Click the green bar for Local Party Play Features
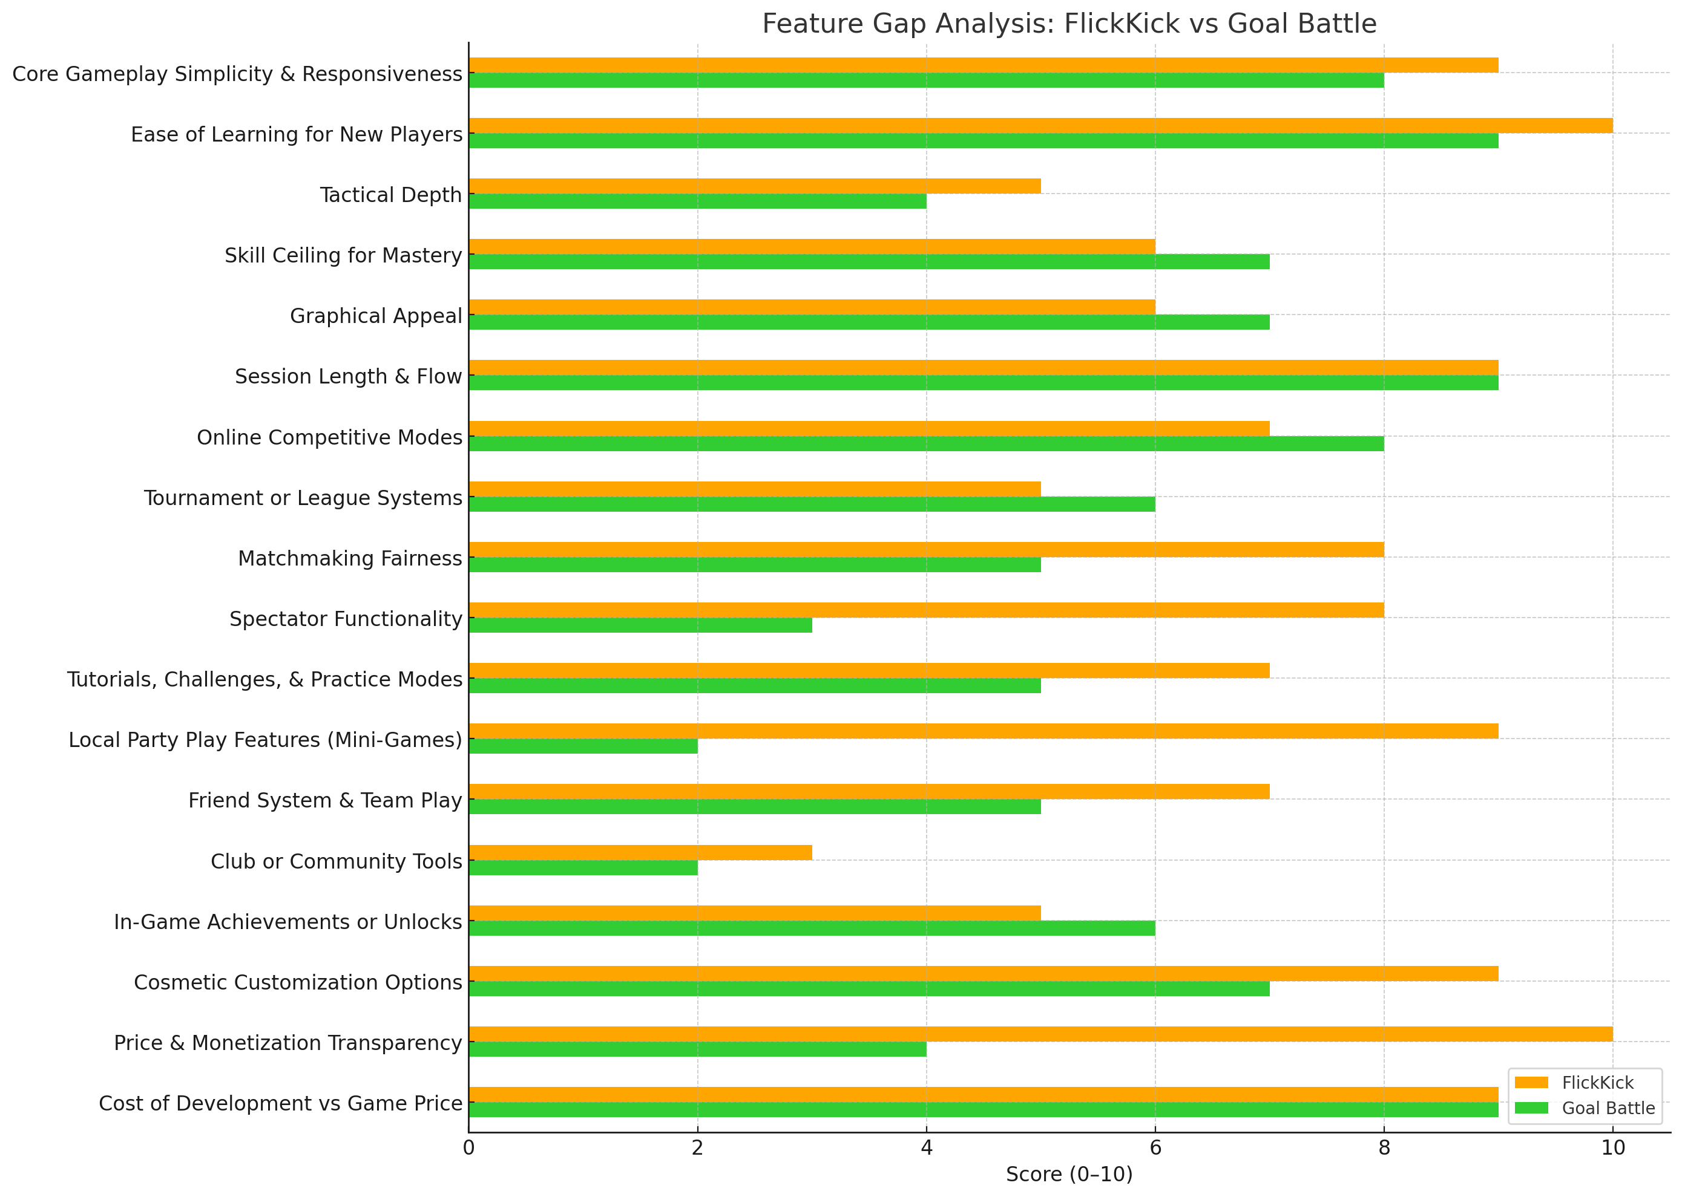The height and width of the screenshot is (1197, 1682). [582, 746]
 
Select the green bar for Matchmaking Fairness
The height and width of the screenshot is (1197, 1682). [754, 564]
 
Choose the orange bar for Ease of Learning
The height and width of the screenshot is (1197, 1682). [1040, 125]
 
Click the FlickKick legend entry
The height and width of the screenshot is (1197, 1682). [1597, 1083]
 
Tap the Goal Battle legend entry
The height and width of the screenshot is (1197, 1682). [1608, 1109]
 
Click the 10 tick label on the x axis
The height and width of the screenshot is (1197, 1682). [1612, 1147]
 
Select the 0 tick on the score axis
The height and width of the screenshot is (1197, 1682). [469, 1147]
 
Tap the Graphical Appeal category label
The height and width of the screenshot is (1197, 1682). [375, 316]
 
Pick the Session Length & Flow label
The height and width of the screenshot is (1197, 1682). [348, 377]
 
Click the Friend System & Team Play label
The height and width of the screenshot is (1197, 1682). [324, 800]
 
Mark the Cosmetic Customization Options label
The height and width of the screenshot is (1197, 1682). [298, 982]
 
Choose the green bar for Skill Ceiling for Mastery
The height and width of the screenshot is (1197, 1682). [869, 262]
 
